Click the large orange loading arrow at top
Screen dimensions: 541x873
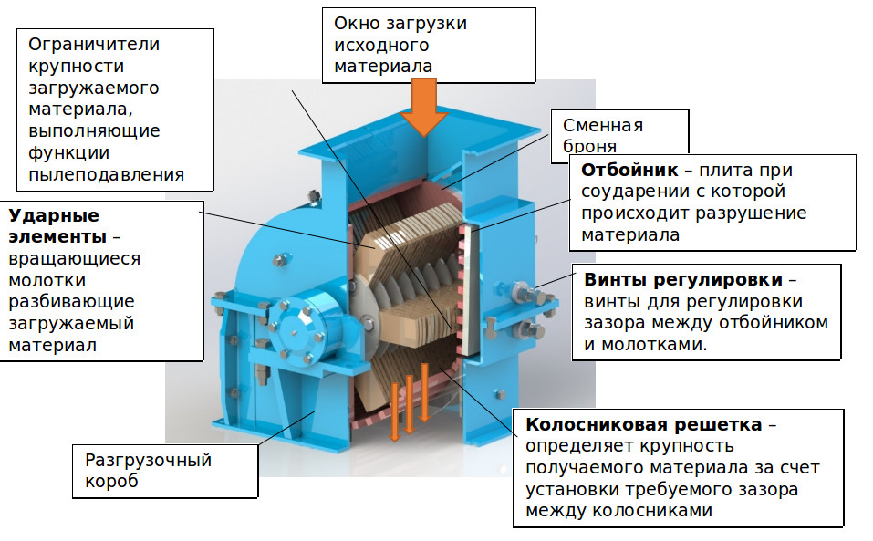(x=424, y=106)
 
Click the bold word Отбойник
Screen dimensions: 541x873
(x=629, y=171)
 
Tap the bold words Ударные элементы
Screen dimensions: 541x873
(x=54, y=226)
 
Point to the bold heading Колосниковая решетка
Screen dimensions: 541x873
(x=644, y=424)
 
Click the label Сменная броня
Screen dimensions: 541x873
(x=603, y=135)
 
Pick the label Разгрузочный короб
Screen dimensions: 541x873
(x=148, y=471)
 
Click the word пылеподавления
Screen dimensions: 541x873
(x=106, y=173)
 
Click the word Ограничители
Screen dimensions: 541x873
(x=94, y=44)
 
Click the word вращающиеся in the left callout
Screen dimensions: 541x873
(x=75, y=258)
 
